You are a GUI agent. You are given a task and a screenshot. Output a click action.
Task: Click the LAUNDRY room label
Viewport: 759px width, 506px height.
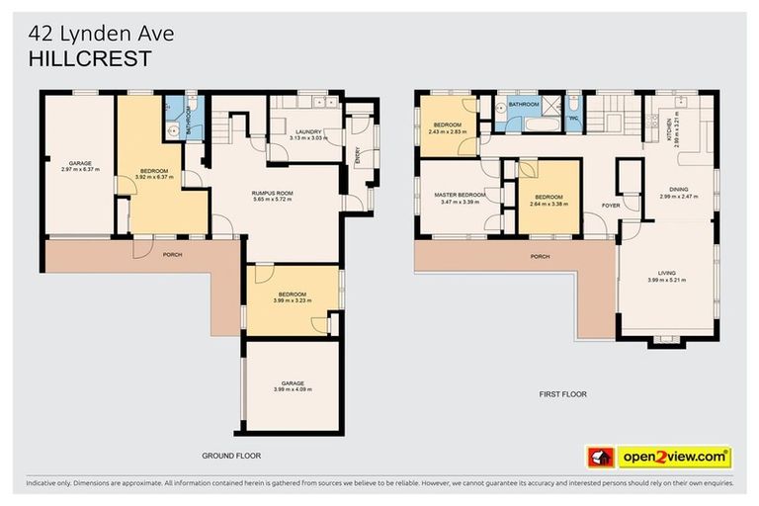click(302, 131)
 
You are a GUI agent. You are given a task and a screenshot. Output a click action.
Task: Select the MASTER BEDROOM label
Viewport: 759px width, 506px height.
click(460, 195)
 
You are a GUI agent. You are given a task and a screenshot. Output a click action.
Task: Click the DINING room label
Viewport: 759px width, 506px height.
click(678, 189)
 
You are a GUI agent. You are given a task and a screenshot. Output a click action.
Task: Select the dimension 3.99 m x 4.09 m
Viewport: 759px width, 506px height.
click(292, 388)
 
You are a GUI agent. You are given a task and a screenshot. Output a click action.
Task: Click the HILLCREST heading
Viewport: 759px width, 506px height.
click(90, 58)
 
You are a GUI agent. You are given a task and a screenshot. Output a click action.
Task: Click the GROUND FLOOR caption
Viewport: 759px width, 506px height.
click(231, 456)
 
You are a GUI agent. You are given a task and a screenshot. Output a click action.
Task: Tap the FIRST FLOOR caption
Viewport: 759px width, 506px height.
click(562, 393)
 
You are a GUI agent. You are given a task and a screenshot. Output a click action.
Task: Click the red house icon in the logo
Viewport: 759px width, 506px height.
click(599, 458)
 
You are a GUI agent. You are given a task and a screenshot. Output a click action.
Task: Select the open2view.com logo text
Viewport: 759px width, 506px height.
click(674, 458)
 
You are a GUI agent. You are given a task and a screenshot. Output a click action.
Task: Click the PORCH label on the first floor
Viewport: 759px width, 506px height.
click(540, 256)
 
